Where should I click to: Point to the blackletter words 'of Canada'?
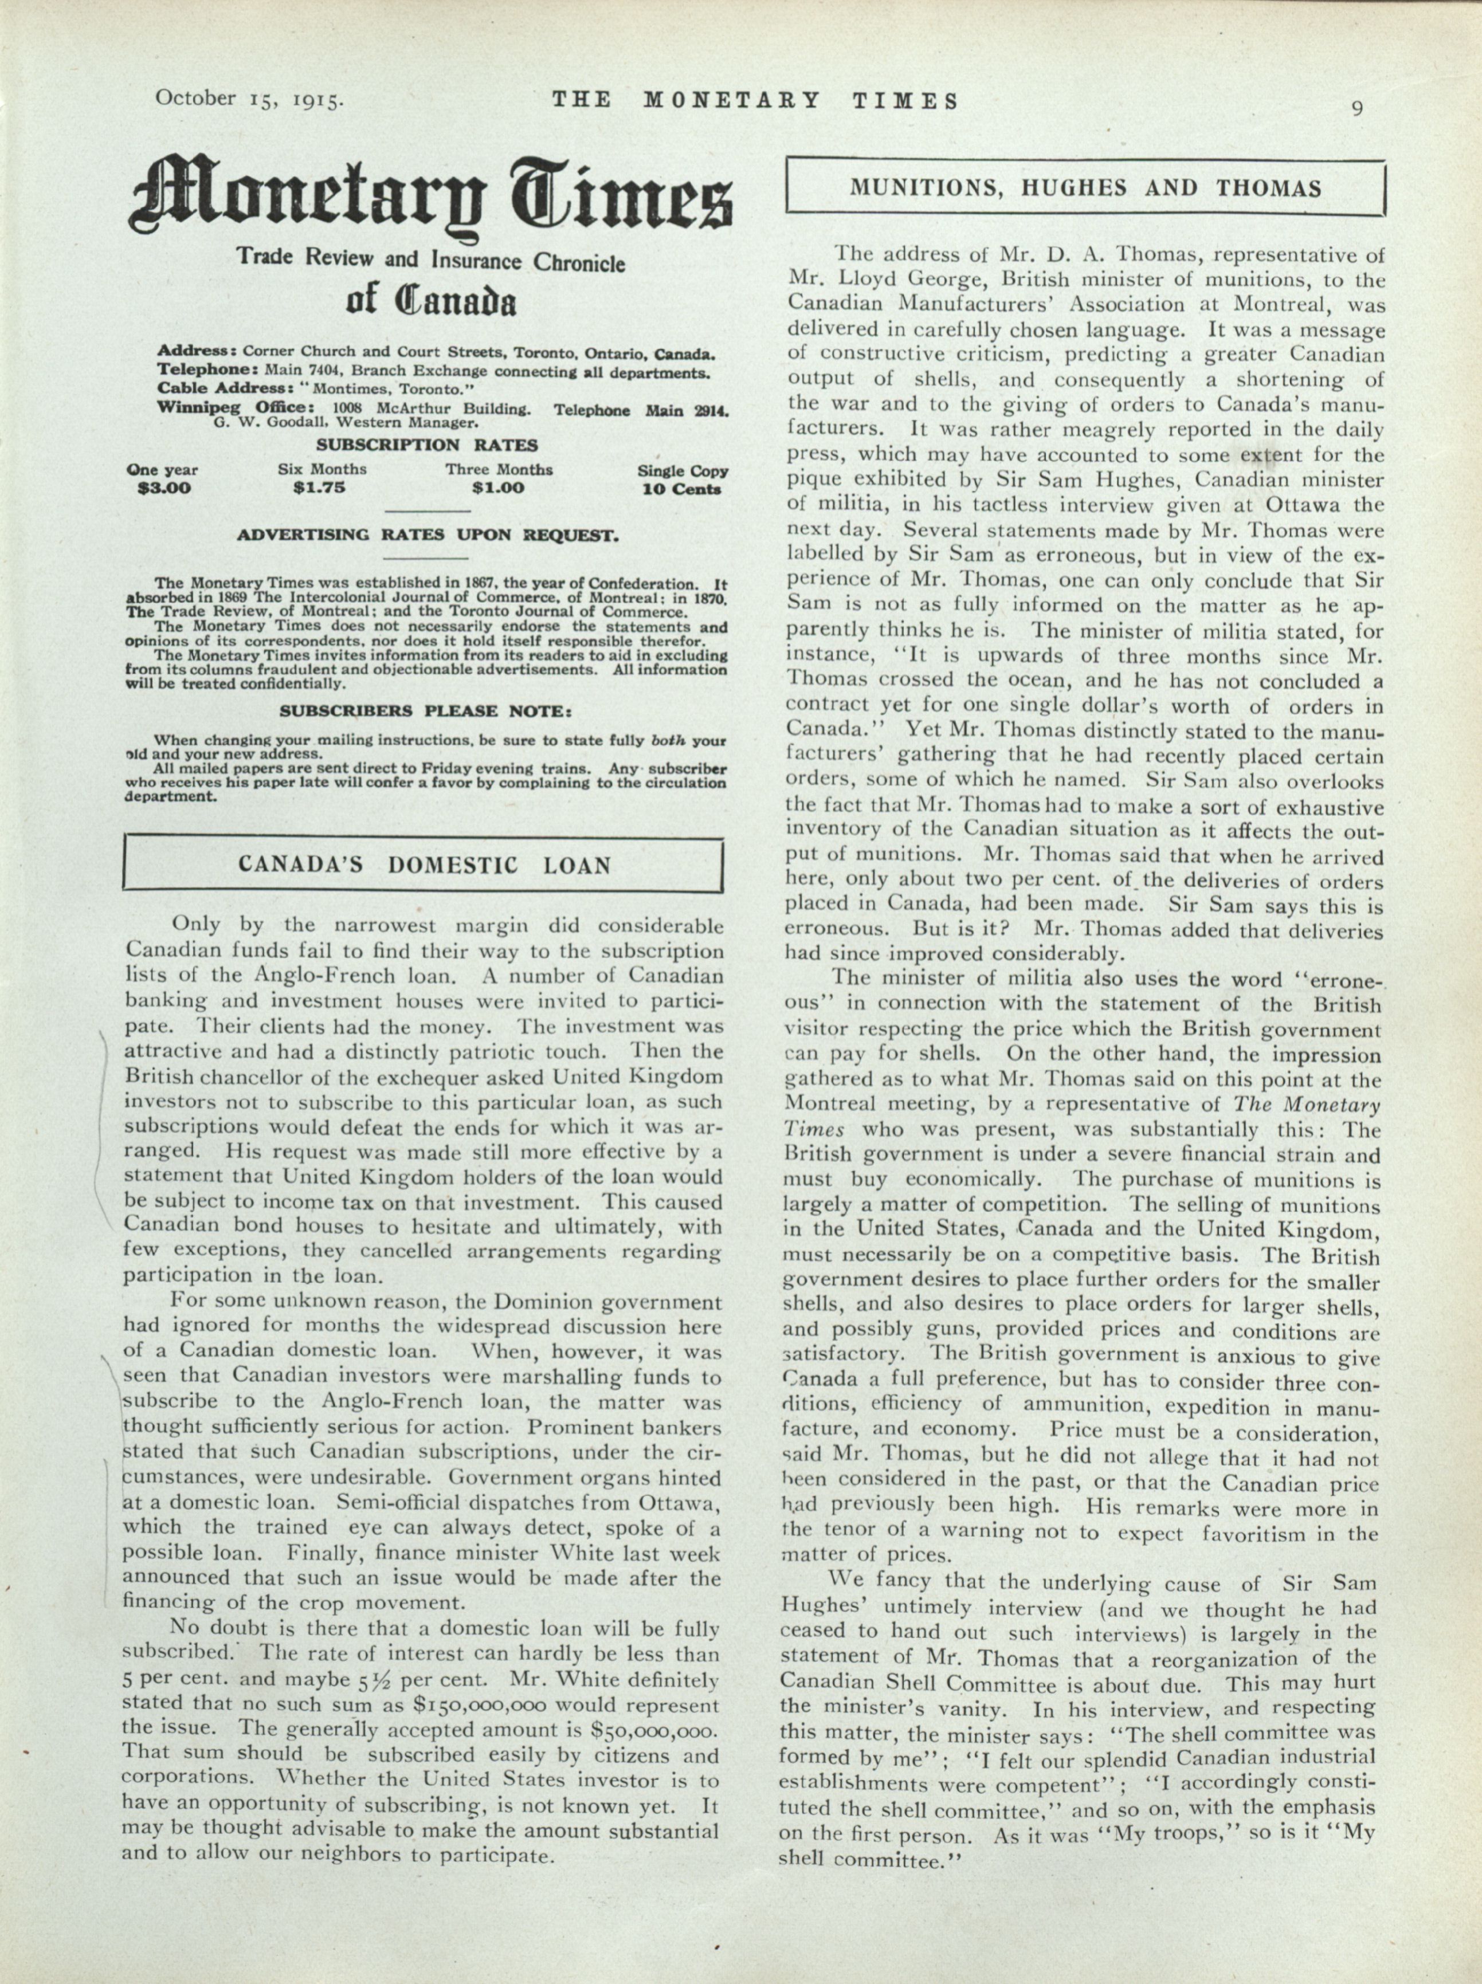click(430, 302)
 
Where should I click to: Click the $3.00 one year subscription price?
click(163, 489)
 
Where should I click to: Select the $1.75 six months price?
click(319, 489)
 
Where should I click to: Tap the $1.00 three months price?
click(498, 489)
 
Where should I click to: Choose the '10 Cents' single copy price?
click(682, 490)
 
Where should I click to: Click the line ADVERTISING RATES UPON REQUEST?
click(427, 536)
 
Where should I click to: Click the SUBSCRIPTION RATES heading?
click(427, 445)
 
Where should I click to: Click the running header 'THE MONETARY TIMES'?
click(755, 100)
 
